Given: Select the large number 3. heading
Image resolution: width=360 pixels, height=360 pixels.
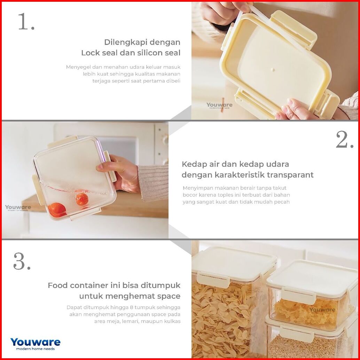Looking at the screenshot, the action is point(22,261).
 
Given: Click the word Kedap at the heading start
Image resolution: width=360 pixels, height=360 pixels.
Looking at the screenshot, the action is point(192,164).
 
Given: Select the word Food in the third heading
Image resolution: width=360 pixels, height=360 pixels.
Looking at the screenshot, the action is point(58,285).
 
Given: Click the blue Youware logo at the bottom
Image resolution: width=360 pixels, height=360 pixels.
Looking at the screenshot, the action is point(36,344).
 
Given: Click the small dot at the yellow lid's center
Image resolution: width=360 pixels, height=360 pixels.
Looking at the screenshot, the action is point(273,69).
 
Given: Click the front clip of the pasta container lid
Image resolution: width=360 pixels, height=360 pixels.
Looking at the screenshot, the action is point(216,277).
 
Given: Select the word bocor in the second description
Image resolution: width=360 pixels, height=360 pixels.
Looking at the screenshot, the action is point(189,195).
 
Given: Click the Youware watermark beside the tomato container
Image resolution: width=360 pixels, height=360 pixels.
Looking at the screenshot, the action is point(18,208).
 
